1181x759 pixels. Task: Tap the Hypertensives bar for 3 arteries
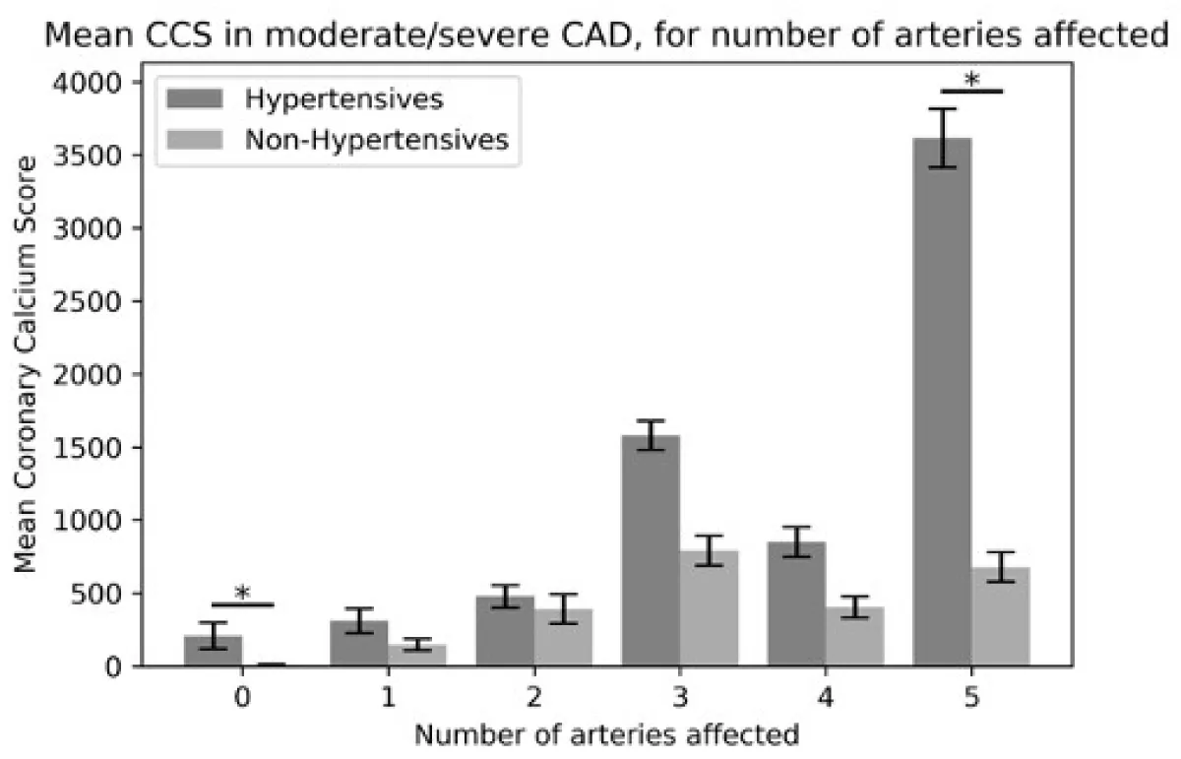[x=651, y=550]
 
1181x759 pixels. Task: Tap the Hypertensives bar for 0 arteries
[x=213, y=650]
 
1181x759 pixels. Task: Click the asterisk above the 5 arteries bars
[x=971, y=80]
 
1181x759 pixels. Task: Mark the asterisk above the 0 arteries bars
[x=242, y=594]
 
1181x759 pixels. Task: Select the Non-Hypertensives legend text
[x=377, y=140]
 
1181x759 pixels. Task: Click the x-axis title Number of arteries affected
[x=605, y=733]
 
